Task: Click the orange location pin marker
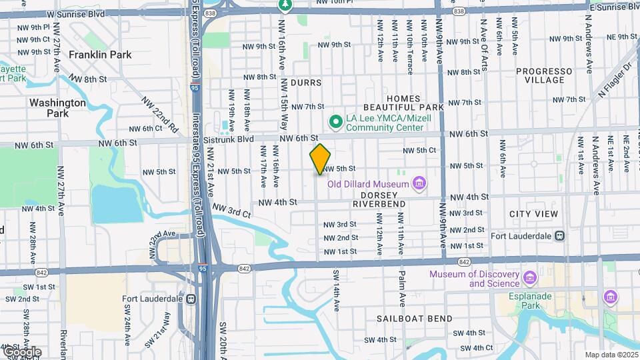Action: [x=320, y=159]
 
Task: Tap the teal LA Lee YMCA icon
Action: [x=335, y=121]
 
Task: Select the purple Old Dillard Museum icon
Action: [x=419, y=182]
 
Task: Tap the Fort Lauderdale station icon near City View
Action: [x=561, y=235]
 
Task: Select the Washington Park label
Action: [x=57, y=108]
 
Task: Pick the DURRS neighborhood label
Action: [x=306, y=83]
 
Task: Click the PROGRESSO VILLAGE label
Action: [x=544, y=75]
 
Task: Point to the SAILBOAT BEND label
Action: [x=414, y=319]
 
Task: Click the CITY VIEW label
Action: [x=533, y=214]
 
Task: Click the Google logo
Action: [x=21, y=352]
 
